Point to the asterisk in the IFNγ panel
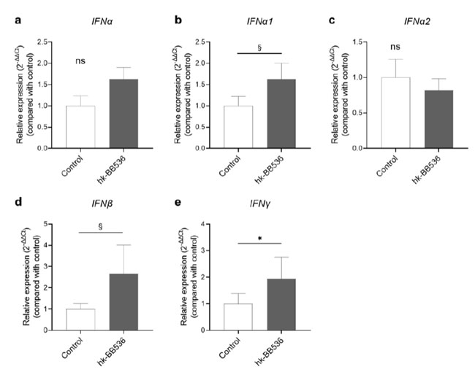(x=259, y=238)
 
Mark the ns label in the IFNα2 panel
(x=395, y=48)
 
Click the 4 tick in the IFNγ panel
(x=206, y=223)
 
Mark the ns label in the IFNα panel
(x=81, y=62)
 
